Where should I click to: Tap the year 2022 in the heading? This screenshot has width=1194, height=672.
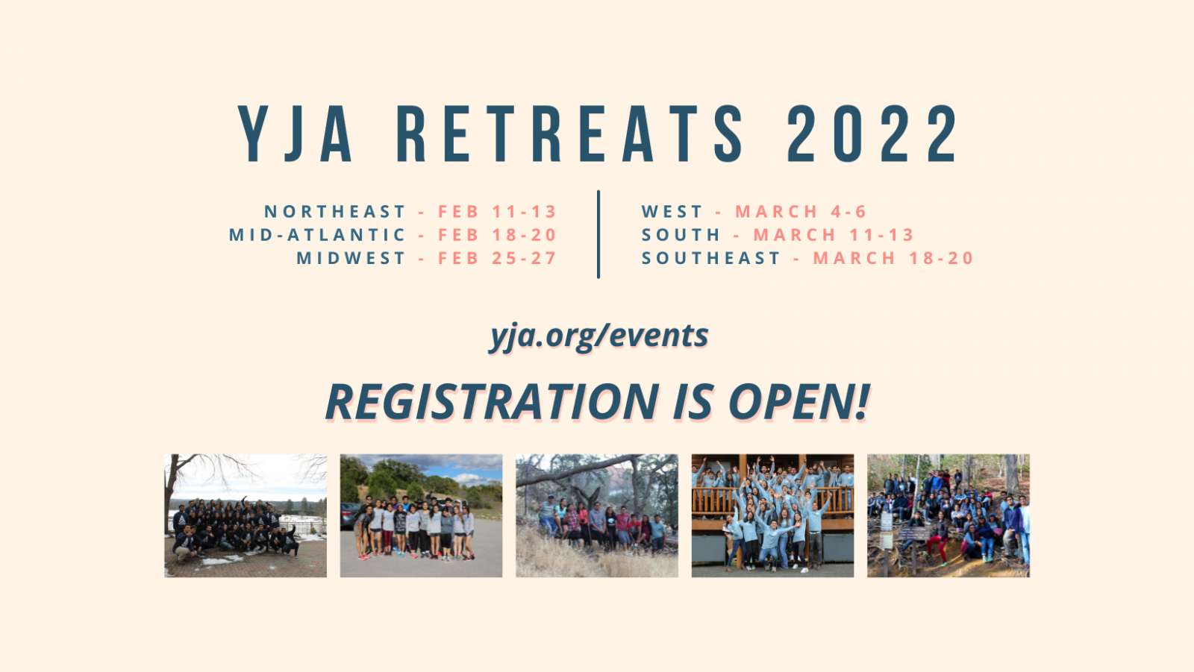coord(872,134)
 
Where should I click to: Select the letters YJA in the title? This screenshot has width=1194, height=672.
coord(295,134)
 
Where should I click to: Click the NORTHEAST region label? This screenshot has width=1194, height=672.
coord(335,212)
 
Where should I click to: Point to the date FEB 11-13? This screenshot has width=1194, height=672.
coord(497,212)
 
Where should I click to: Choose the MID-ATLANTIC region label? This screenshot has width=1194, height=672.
coord(318,235)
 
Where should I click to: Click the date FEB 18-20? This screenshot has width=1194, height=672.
coord(497,235)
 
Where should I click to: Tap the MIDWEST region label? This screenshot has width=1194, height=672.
coord(351,259)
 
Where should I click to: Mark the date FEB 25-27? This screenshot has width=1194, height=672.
coord(497,259)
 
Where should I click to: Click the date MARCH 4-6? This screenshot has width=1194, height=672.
coord(801,212)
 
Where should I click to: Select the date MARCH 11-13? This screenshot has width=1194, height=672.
coord(834,235)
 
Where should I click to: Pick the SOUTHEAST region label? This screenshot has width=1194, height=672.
coord(711,259)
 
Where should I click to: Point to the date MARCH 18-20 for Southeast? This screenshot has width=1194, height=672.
coord(893,259)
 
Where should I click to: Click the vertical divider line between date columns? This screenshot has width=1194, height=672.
coord(598,234)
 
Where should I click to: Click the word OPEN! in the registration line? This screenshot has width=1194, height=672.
coord(799,401)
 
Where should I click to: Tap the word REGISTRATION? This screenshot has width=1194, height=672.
coord(492,401)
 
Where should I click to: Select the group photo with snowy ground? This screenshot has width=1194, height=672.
coord(246,516)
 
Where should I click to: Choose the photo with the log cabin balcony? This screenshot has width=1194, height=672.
coord(772,516)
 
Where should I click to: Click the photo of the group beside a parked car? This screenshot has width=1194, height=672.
coord(421,516)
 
